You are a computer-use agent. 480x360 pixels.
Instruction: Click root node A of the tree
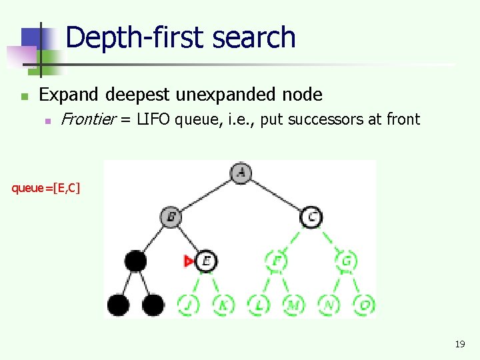(x=241, y=173)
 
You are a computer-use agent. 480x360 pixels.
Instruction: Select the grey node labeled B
(x=171, y=217)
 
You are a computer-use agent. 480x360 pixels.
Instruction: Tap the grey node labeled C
(x=311, y=217)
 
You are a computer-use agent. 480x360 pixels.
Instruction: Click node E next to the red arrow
(x=206, y=261)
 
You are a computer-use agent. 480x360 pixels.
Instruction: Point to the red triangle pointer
(x=189, y=261)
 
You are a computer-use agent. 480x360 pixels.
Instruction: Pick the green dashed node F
(x=276, y=261)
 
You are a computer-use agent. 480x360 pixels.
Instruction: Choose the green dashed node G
(x=347, y=261)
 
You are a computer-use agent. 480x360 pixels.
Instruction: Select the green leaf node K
(x=223, y=305)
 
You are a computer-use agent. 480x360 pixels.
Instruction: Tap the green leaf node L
(x=259, y=305)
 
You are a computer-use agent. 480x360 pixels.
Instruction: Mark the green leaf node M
(x=293, y=305)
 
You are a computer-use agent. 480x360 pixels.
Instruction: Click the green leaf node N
(x=329, y=305)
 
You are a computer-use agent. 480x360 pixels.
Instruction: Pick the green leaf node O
(x=364, y=305)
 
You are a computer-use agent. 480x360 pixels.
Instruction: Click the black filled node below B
(x=135, y=261)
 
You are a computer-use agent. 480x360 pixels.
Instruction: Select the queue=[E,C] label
(x=46, y=188)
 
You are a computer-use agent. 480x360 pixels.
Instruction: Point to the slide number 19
(x=459, y=345)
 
